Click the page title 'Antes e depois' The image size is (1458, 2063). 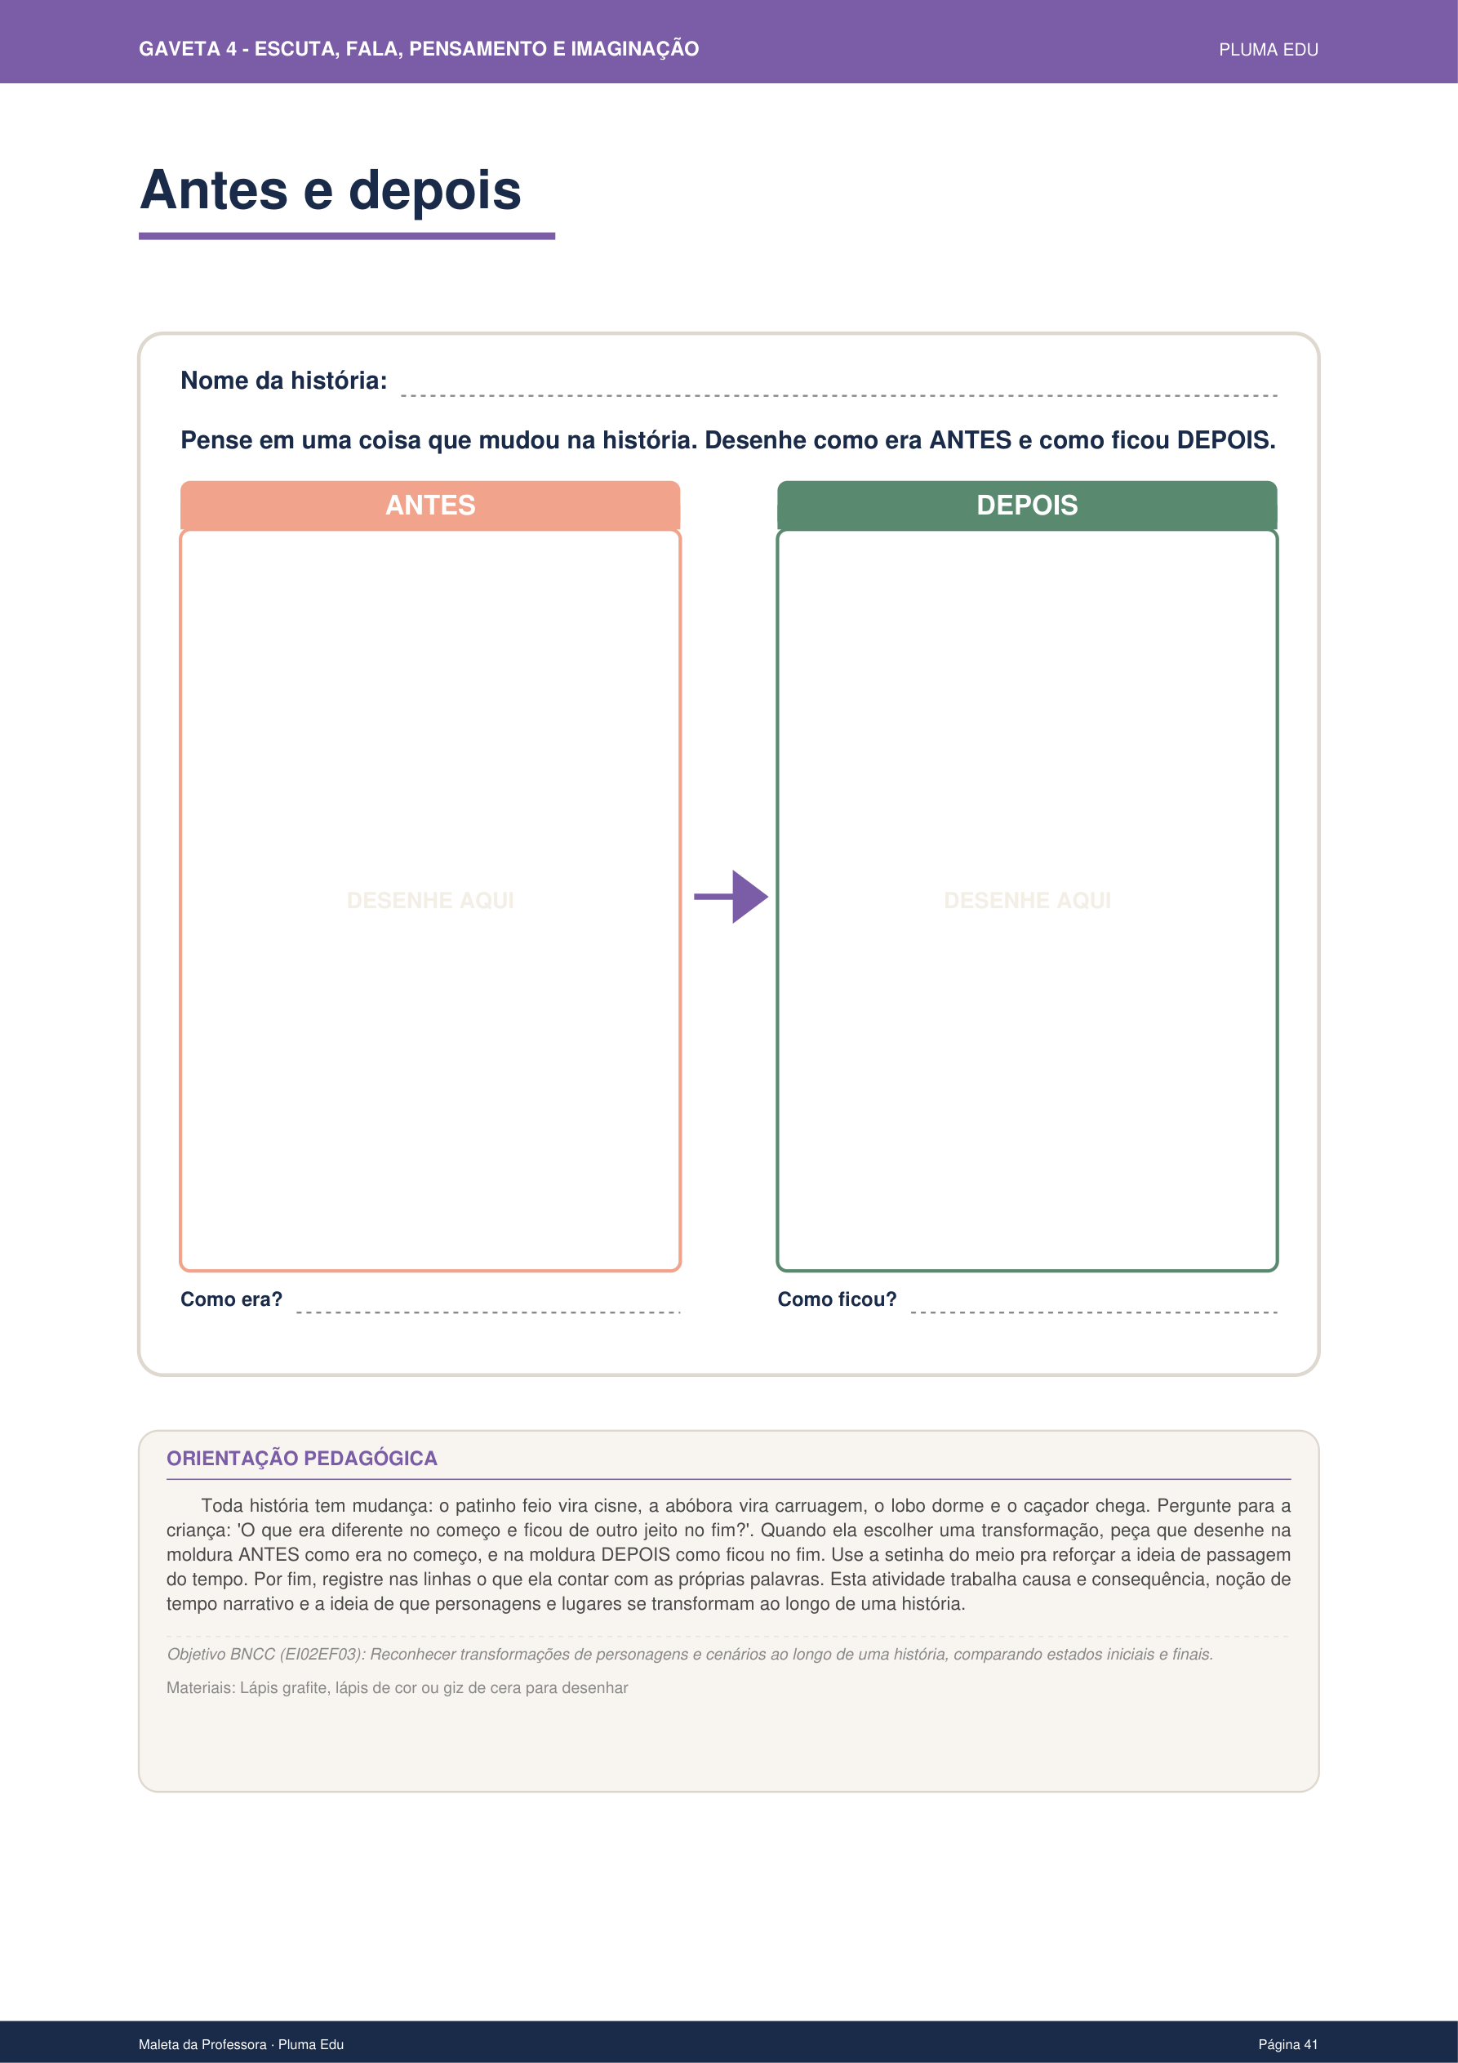331,190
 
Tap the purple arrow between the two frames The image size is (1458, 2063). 731,897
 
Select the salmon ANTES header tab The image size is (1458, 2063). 430,505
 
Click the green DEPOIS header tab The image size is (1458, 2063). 1027,505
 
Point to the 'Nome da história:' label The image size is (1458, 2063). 284,381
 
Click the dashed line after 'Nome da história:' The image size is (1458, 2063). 838,394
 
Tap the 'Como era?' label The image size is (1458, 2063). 232,1299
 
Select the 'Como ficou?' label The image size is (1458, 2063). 837,1299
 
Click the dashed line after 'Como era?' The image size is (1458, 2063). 488,1312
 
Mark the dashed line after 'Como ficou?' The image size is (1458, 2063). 1093,1312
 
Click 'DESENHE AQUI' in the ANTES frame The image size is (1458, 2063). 430,900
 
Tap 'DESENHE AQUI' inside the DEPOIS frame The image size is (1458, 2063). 1027,900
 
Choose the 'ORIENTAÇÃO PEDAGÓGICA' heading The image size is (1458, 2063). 302,1459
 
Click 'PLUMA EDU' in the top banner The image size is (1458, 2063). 1268,51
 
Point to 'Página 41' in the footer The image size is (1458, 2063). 1287,2044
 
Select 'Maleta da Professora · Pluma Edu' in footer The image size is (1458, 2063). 241,2044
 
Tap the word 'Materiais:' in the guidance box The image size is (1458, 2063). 200,1687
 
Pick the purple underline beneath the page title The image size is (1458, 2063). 347,236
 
